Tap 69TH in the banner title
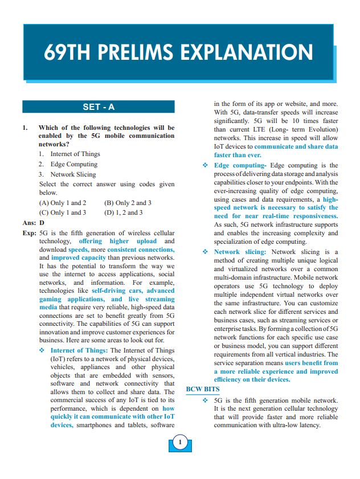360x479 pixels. (x=67, y=53)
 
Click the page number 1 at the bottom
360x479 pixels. (x=179, y=442)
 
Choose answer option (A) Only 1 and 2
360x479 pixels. (x=63, y=203)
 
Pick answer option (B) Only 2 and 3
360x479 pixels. (x=128, y=203)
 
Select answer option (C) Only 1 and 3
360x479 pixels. (x=63, y=212)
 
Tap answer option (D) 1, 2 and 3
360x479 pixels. (x=124, y=212)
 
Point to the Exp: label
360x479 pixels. (x=30, y=233)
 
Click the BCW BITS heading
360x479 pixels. (x=203, y=390)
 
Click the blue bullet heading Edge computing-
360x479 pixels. (x=238, y=165)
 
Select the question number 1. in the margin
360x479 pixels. (x=25, y=128)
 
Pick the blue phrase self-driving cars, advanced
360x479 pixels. (x=133, y=290)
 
